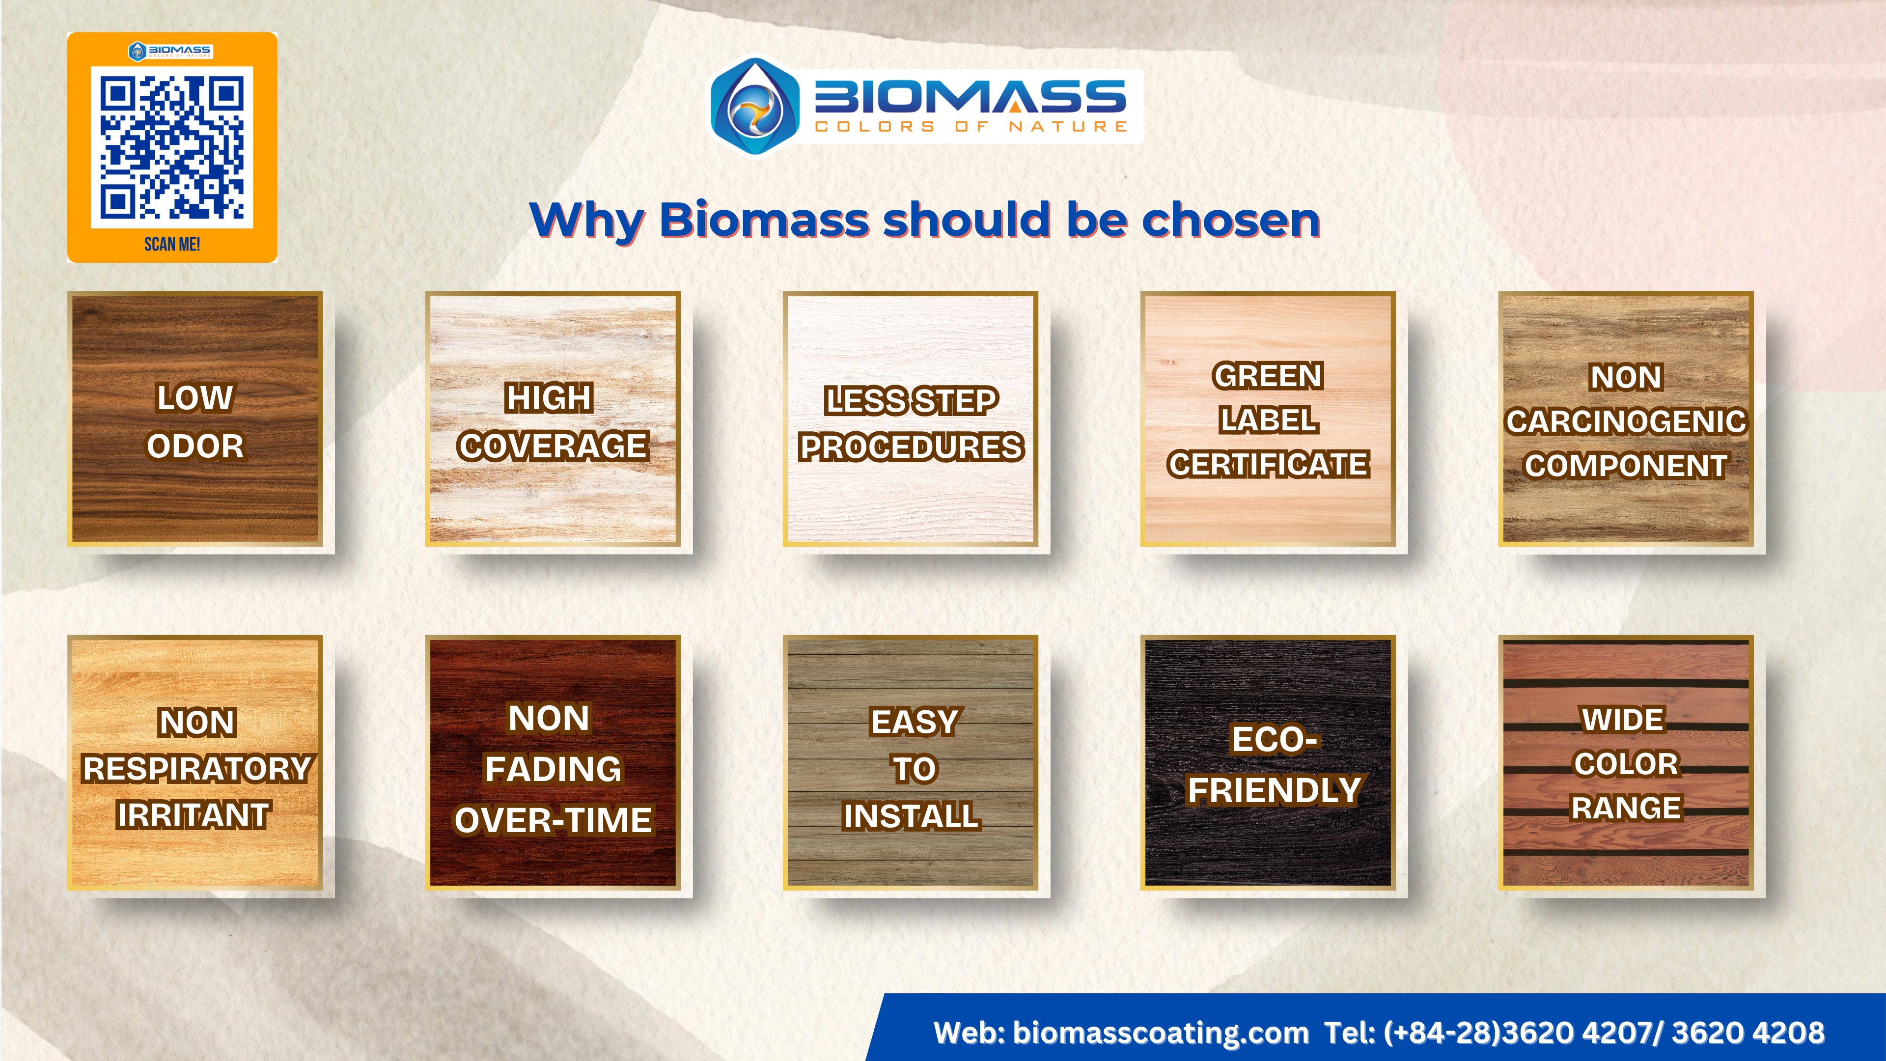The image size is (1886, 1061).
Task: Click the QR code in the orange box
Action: coord(171,147)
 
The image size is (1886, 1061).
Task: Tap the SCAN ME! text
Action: coord(172,244)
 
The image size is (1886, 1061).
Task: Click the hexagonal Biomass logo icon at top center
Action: coord(754,106)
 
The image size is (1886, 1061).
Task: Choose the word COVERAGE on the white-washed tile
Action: coord(553,446)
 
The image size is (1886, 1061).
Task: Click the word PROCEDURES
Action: coord(912,447)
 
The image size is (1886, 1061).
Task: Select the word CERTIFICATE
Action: coord(1268,464)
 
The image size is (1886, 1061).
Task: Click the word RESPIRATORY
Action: coord(197,769)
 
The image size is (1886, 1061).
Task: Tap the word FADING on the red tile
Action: coord(553,769)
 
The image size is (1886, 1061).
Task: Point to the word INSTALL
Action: coord(912,816)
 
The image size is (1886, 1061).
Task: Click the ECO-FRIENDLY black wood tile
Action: coord(1268,763)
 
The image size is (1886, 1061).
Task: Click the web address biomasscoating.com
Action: coord(1161,1033)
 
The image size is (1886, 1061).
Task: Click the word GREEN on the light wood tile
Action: coord(1268,376)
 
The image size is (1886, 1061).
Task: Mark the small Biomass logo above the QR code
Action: coord(170,51)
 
